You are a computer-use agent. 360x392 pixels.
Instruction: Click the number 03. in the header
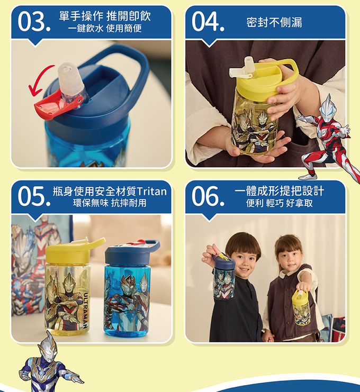(34, 22)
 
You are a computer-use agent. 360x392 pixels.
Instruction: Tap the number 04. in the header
(208, 22)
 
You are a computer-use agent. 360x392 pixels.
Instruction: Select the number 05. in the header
(34, 197)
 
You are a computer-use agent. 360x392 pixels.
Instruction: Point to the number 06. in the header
(208, 197)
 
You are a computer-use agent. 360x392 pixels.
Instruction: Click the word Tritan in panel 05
(151, 192)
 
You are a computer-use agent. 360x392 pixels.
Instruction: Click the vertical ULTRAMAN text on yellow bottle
(85, 309)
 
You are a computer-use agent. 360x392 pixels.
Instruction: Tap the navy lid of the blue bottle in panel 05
(131, 253)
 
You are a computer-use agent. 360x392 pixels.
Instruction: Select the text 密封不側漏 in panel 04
(274, 22)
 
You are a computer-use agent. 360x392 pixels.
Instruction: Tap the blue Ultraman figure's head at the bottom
(48, 347)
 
